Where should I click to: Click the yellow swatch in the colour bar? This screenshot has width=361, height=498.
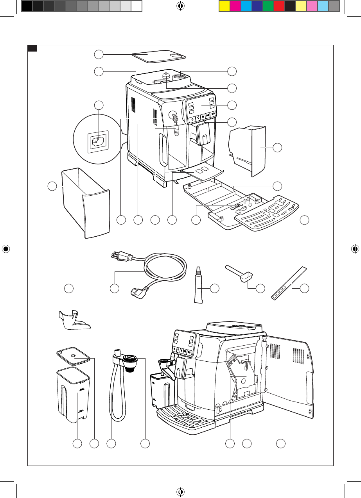[223, 6]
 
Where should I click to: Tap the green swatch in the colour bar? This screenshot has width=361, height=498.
[268, 6]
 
